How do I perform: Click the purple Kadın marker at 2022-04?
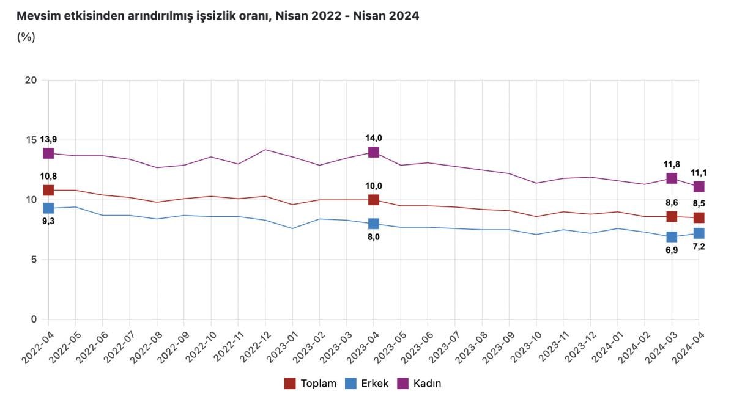point(48,153)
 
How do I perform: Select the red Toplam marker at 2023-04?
point(374,200)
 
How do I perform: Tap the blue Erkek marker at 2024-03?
point(672,236)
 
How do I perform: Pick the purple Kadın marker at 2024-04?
point(699,186)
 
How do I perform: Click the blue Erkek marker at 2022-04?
point(48,208)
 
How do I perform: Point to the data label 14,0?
point(374,138)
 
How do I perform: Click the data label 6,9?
point(672,250)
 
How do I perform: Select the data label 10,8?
point(48,177)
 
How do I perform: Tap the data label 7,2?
point(699,247)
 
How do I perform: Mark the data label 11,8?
point(672,164)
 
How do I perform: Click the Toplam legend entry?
point(311,384)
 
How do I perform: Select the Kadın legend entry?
point(420,384)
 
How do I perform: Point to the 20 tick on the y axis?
point(31,81)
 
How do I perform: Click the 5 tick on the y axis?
point(34,260)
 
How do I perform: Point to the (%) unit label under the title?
point(26,37)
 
